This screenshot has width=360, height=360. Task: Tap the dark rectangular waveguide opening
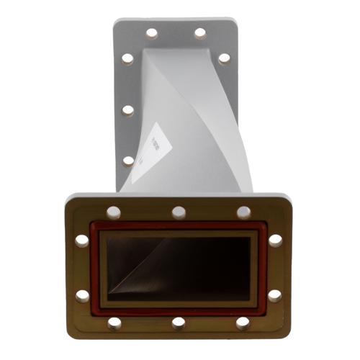coord(179,268)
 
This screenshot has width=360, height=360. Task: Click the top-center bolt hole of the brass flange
coord(179,212)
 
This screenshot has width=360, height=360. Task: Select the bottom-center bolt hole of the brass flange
coord(179,322)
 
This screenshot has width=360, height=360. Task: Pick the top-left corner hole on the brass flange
coord(114,212)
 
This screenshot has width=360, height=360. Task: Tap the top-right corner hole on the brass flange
coord(244,212)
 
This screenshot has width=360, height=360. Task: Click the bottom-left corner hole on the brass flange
coord(114,323)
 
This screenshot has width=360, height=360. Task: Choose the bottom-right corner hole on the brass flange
coord(243,323)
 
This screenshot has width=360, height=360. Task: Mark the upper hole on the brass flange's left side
coord(83,240)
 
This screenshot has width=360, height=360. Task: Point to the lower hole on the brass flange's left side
coord(83,295)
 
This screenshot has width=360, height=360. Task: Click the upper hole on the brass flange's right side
coord(275,240)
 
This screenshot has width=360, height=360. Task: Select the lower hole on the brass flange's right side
coord(275,295)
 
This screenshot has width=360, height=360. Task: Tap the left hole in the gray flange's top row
coord(152,33)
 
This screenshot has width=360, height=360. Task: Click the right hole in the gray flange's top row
coord(200,33)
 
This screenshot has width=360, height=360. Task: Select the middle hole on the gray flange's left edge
coord(128,110)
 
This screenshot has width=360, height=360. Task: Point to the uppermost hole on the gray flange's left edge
coord(127,58)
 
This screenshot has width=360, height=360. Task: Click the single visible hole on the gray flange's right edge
coord(224,58)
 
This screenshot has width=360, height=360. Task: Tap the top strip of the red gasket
coord(179,226)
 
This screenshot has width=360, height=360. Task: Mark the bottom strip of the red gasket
coord(179,311)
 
